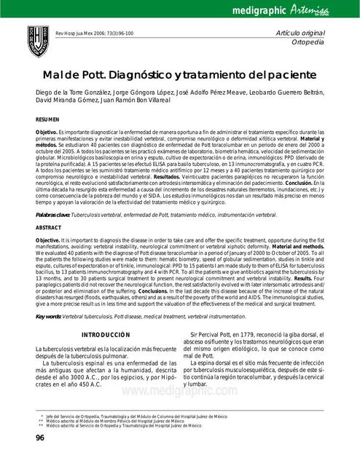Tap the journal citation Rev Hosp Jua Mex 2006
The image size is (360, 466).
click(94, 34)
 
